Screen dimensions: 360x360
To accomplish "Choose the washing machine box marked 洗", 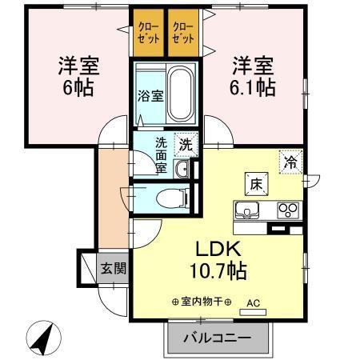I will click(x=185, y=146).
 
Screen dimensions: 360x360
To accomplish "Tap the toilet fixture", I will click(x=168, y=198).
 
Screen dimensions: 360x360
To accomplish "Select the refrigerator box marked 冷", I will click(x=290, y=162).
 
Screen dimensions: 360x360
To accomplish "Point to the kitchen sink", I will click(x=246, y=212).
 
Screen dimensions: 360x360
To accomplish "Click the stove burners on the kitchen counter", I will click(x=287, y=211).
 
